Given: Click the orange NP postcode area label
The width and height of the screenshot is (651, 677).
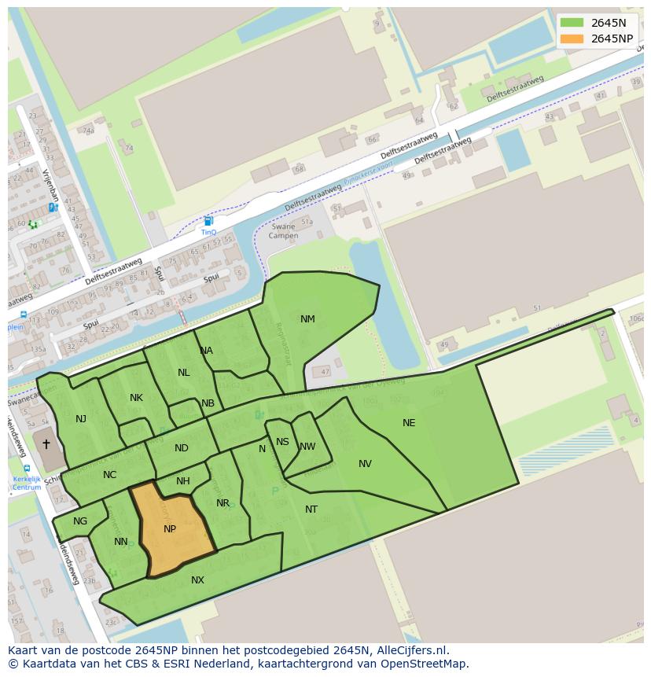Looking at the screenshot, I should click(x=170, y=529).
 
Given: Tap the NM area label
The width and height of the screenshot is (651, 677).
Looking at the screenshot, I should click(x=307, y=319).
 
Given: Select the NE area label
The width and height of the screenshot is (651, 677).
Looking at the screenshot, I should click(x=409, y=423).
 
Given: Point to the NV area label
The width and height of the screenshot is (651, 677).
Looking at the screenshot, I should click(x=365, y=464).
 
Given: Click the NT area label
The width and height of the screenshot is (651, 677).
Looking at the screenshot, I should click(x=311, y=510).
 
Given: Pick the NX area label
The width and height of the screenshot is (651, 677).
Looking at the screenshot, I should click(x=197, y=580).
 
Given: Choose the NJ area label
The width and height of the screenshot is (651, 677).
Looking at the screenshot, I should click(x=81, y=419).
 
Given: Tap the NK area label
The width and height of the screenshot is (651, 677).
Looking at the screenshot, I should click(x=136, y=398).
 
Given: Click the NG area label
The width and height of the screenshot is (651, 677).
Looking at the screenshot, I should click(x=80, y=521).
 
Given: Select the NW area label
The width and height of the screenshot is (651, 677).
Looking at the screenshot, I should click(x=307, y=447).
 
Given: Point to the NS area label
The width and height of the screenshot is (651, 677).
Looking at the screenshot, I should click(x=282, y=442).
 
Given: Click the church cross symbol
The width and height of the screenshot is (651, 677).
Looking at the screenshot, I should click(x=46, y=444).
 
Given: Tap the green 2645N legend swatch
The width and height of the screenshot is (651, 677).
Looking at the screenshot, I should click(x=572, y=23).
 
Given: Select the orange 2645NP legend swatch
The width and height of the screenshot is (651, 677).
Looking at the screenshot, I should click(x=572, y=39).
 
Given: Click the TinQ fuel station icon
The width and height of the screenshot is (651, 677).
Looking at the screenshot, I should click(x=208, y=222).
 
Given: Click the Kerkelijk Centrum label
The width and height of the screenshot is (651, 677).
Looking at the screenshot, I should click(x=27, y=483).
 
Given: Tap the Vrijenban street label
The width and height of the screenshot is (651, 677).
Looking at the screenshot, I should click(x=51, y=185).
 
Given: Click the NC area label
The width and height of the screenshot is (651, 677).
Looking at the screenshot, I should click(x=109, y=475).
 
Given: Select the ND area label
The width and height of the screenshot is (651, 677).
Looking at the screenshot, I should click(x=182, y=448).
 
